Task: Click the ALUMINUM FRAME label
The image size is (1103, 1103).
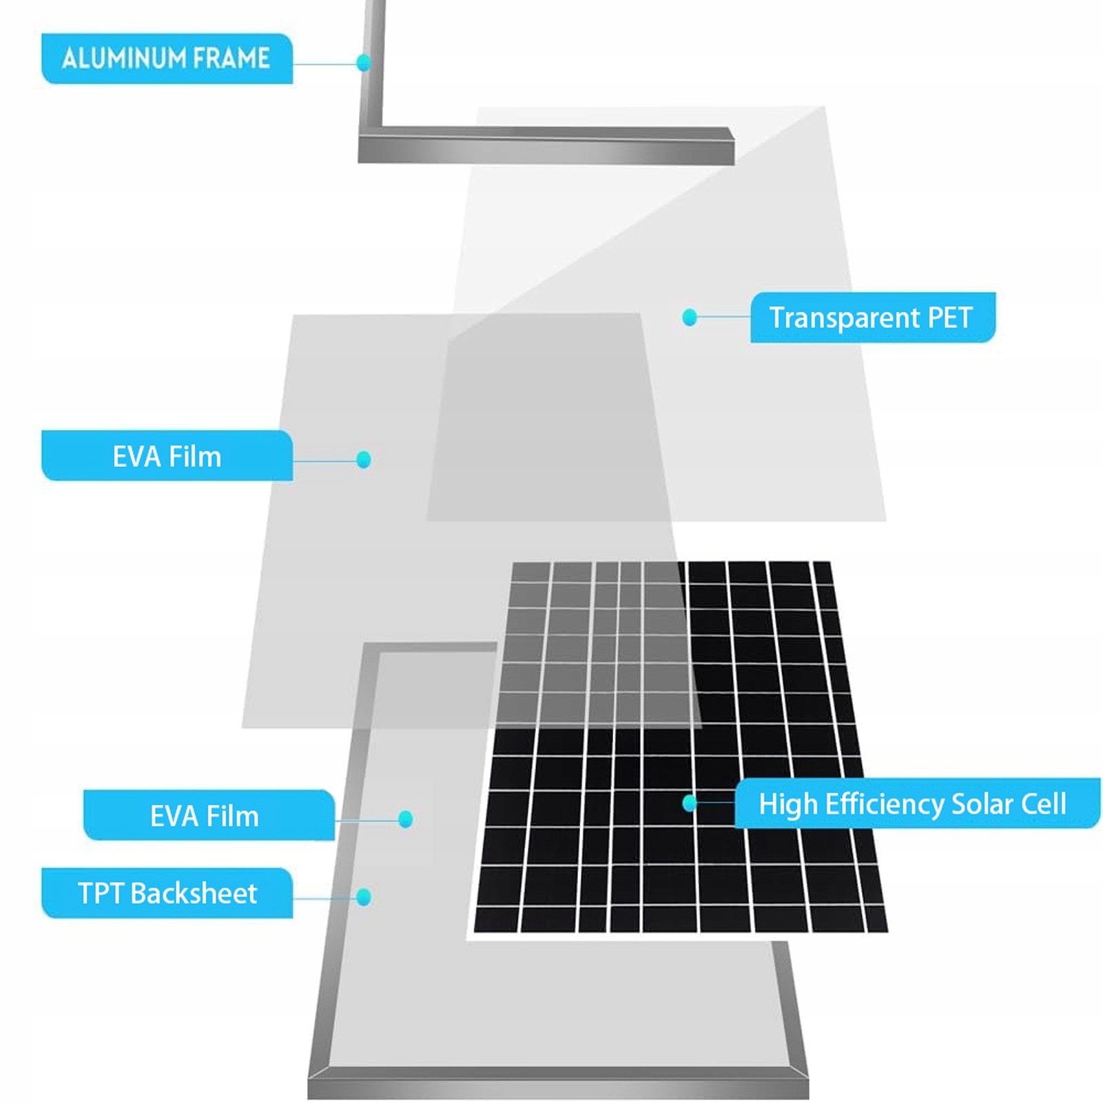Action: pos(167,59)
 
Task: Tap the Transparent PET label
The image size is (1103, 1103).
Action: pos(872,318)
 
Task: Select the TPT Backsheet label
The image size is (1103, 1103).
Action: pos(167,894)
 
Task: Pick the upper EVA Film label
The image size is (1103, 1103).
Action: pos(167,456)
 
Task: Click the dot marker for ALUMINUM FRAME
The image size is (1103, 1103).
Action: pos(364,63)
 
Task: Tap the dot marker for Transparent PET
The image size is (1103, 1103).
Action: pos(689,317)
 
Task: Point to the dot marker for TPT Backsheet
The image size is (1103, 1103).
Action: pos(364,897)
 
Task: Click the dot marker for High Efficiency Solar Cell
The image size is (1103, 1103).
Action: pos(689,803)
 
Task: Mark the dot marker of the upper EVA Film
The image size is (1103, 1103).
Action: pos(364,460)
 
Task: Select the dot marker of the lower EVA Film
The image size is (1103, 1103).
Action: pos(406,819)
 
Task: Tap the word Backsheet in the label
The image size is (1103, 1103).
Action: pos(194,894)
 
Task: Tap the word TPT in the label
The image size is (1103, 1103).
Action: pos(101,894)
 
